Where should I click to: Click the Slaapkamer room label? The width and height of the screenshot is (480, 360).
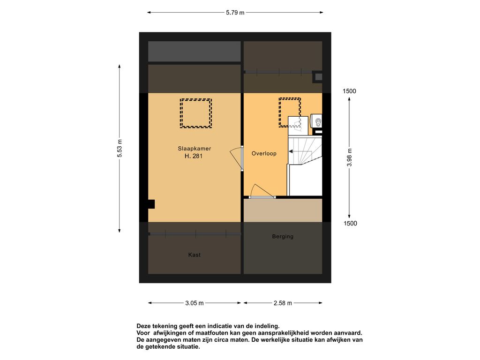pyautogui.click(x=195, y=149)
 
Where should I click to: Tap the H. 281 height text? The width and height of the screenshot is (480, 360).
pyautogui.click(x=194, y=156)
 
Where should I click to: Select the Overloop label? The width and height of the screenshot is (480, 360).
pyautogui.click(x=264, y=153)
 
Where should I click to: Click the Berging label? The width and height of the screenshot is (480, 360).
pyautogui.click(x=283, y=236)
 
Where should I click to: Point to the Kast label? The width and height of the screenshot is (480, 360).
pyautogui.click(x=195, y=255)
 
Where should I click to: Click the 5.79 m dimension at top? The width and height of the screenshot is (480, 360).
pyautogui.click(x=235, y=13)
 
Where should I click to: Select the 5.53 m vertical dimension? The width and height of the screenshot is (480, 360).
pyautogui.click(x=120, y=149)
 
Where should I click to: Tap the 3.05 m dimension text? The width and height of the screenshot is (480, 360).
pyautogui.click(x=195, y=303)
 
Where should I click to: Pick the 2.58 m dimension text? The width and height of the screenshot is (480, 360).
pyautogui.click(x=283, y=303)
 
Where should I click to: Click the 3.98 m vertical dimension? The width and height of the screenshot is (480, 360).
pyautogui.click(x=349, y=157)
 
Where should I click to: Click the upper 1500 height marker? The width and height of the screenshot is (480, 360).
pyautogui.click(x=349, y=91)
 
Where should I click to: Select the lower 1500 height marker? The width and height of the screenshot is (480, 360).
pyautogui.click(x=350, y=224)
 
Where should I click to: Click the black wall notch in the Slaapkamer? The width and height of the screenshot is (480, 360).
pyautogui.click(x=151, y=204)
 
